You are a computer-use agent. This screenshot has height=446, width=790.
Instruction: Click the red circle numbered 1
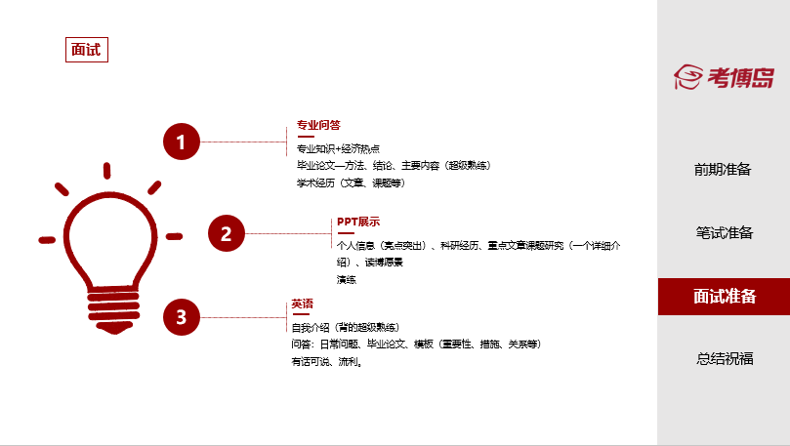tap(181, 142)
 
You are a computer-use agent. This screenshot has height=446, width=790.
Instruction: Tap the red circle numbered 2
tap(226, 233)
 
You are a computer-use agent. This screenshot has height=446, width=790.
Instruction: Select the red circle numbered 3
tap(181, 316)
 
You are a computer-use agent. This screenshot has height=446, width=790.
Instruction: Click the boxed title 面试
tap(86, 50)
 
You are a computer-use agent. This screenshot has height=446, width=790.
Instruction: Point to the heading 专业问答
tap(318, 125)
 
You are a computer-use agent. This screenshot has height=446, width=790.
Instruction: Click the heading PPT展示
tap(358, 222)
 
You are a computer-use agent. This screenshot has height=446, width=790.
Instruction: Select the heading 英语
tap(303, 304)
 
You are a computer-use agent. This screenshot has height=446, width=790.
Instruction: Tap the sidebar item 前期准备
tap(723, 170)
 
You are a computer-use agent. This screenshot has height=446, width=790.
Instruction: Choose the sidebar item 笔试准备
tap(723, 233)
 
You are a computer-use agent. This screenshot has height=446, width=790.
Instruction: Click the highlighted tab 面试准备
tap(724, 297)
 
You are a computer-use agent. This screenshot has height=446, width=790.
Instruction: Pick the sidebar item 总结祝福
tap(723, 358)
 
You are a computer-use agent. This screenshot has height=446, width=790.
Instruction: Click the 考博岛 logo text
tap(740, 77)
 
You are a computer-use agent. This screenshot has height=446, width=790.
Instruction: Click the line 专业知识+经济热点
tap(338, 149)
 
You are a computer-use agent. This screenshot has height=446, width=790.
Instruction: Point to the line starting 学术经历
tap(351, 182)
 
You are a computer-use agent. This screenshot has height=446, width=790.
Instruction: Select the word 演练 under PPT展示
tap(347, 280)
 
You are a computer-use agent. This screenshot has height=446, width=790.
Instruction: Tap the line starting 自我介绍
tap(346, 327)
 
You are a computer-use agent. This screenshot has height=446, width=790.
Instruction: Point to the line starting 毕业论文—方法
tap(394, 166)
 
